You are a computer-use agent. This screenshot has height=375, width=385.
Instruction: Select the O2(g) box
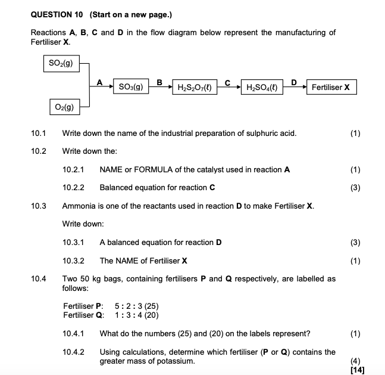pyautogui.click(x=61, y=107)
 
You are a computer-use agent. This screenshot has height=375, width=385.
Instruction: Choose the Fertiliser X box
pyautogui.click(x=331, y=88)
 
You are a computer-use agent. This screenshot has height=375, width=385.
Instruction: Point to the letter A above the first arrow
pyautogui.click(x=99, y=82)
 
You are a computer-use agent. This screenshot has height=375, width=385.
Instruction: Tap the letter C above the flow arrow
pyautogui.click(x=227, y=82)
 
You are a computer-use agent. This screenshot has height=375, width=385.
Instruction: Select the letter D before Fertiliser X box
pyautogui.click(x=293, y=82)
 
